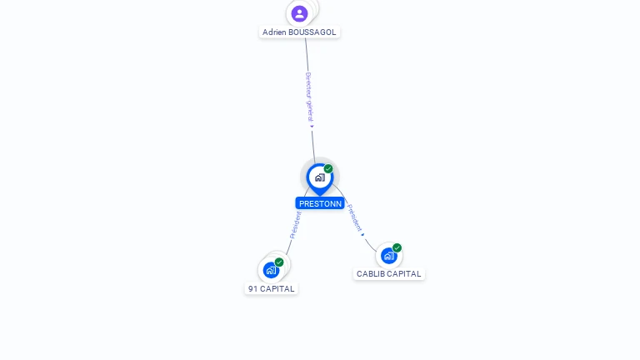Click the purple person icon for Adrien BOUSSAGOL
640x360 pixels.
click(299, 13)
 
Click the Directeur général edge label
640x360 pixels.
click(309, 97)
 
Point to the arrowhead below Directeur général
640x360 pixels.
click(312, 127)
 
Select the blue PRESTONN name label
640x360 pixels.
click(320, 203)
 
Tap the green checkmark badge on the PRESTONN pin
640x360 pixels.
click(328, 168)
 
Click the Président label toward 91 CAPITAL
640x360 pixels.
click(295, 225)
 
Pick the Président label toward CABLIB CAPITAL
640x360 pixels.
click(354, 217)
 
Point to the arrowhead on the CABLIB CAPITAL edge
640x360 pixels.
click(362, 235)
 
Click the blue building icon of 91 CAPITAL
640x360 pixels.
click(271, 270)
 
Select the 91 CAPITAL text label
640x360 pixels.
click(271, 289)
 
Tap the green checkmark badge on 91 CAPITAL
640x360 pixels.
click(279, 262)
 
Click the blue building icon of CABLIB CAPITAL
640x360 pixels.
click(389, 256)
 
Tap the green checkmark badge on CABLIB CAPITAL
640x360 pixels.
click(397, 247)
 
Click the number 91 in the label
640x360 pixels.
click(253, 289)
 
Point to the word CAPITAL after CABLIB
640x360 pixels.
click(404, 274)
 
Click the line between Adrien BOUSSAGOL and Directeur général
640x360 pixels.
click(307, 55)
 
